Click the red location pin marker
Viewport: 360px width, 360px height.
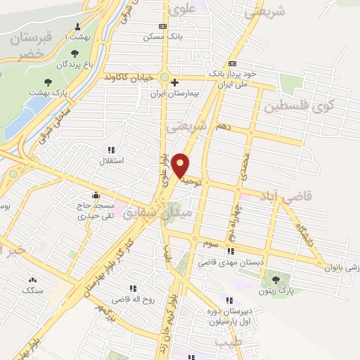[x=181, y=165]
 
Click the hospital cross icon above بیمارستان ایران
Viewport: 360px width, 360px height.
[x=175, y=81]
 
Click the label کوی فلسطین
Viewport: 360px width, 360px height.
[x=298, y=107]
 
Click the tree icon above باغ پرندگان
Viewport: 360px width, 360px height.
[x=75, y=53]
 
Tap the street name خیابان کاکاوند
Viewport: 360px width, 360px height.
[x=129, y=77]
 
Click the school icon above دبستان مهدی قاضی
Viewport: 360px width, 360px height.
[x=231, y=250]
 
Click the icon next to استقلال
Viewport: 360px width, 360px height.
[x=110, y=149]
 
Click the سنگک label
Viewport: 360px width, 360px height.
[x=32, y=290]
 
